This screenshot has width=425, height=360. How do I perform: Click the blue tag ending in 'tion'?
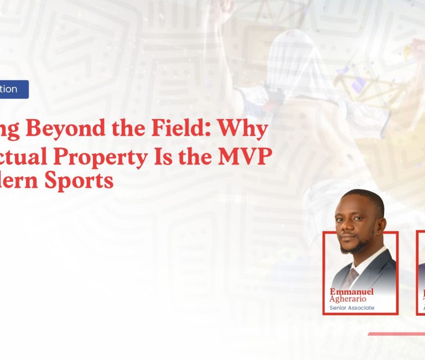[x=13, y=89]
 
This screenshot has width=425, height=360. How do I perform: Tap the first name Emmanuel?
[x=352, y=291]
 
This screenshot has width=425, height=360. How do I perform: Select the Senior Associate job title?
[x=352, y=308]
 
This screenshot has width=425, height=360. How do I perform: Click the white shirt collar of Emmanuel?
[x=362, y=260]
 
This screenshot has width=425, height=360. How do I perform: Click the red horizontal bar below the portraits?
[x=396, y=334]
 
